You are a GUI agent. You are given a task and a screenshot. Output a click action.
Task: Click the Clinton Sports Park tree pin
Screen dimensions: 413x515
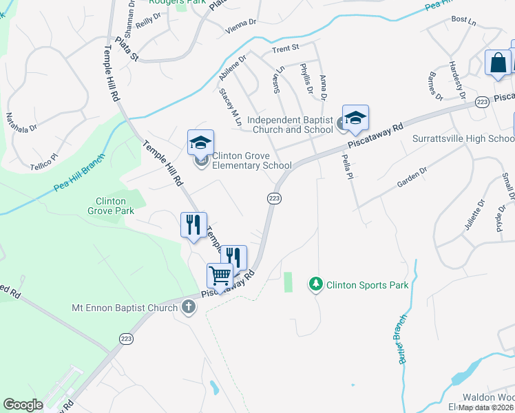316,284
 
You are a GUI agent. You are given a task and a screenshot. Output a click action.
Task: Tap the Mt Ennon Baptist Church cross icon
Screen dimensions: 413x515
189,307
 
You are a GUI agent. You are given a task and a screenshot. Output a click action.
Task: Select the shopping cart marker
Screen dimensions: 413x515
220,275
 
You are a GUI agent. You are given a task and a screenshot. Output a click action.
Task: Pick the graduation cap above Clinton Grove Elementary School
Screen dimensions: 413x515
200,142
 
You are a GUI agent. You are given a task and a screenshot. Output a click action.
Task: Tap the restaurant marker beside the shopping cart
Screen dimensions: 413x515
233,257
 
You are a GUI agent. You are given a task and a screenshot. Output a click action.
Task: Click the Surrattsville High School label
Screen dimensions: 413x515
463,138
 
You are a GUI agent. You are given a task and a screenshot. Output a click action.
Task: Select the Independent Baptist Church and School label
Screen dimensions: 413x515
294,125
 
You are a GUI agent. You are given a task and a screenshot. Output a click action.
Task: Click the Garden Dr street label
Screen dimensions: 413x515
412,178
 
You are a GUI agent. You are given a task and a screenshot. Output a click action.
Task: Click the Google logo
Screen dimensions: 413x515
23,405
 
